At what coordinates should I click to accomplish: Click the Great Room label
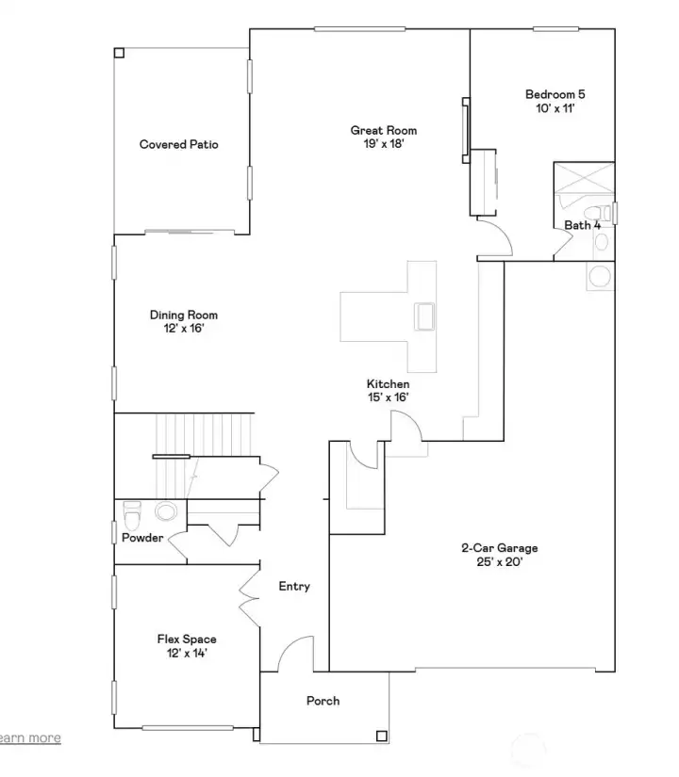[x=383, y=131]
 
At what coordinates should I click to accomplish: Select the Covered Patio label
[x=179, y=144]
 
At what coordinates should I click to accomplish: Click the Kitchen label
[x=388, y=384]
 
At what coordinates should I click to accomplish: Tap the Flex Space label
[x=187, y=639]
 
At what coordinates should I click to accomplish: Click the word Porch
[x=323, y=701]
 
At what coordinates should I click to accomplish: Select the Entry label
[x=294, y=587]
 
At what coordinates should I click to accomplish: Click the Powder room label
[x=142, y=538]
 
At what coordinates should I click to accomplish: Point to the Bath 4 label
[x=582, y=225]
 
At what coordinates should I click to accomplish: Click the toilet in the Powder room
[x=132, y=515]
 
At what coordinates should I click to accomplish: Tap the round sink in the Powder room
[x=166, y=512]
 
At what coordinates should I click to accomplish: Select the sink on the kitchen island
[x=423, y=316]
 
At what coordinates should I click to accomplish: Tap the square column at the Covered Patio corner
[x=118, y=53]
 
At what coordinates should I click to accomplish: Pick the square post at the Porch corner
[x=380, y=737]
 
